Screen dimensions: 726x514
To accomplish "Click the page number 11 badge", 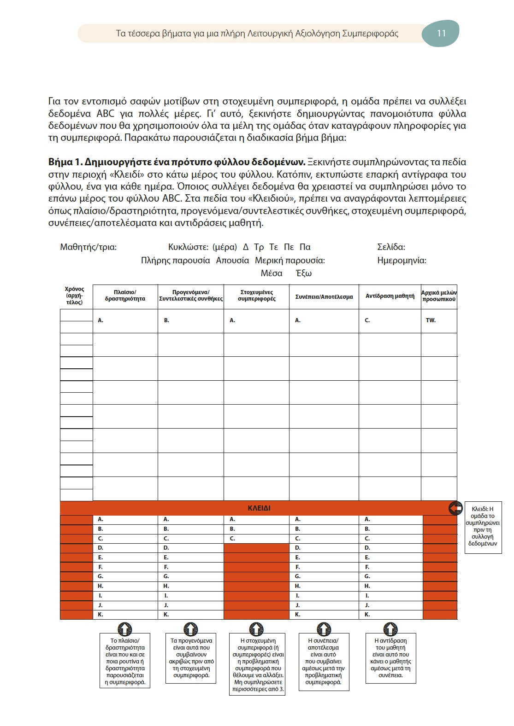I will click(x=441, y=33).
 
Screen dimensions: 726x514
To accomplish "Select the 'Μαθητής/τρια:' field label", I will click(x=88, y=247).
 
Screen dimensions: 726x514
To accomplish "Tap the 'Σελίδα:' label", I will click(x=391, y=247).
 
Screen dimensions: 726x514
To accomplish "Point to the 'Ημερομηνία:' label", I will click(x=402, y=261).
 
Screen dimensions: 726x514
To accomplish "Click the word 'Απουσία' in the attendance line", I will click(x=232, y=261).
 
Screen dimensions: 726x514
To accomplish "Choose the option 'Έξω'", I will click(x=304, y=273).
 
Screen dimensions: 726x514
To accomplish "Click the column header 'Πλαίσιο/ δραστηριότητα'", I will click(x=125, y=296).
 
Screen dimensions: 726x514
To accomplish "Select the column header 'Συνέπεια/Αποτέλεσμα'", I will click(x=324, y=297).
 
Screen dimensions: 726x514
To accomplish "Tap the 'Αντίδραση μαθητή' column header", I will click(x=390, y=296).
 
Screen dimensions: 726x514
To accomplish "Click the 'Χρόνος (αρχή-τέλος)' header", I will click(x=74, y=296).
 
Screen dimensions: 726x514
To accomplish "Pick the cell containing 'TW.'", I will click(x=438, y=320).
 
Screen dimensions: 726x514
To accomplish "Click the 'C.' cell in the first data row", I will click(x=390, y=320).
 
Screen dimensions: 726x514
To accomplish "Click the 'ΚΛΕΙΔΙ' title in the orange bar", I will click(x=259, y=508).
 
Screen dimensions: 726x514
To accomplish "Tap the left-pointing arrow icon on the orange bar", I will click(x=455, y=508).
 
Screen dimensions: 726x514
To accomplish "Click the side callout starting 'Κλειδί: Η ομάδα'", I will click(x=483, y=526).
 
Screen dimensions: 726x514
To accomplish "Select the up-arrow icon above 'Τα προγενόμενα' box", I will click(x=190, y=628).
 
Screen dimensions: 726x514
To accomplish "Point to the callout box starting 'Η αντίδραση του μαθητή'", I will click(x=390, y=658).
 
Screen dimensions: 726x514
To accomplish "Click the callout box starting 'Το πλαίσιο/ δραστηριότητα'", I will click(x=125, y=661).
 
